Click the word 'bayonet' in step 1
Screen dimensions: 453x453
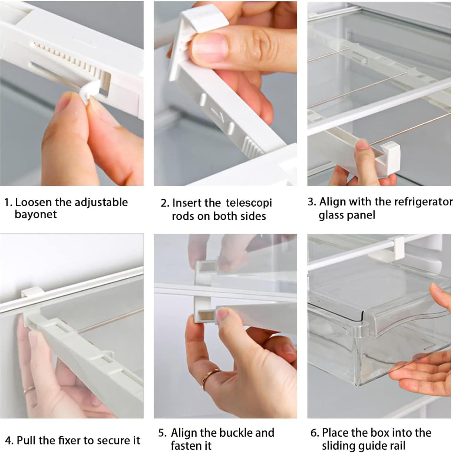[x=35, y=214]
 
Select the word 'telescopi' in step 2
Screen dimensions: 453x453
[x=249, y=203]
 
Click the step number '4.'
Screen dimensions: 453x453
[x=9, y=440]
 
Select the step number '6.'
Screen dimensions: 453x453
[x=315, y=433]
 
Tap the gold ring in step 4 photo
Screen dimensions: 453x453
[x=29, y=389]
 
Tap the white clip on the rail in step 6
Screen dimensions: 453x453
[x=396, y=247]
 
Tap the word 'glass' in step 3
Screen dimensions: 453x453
[x=331, y=215]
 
